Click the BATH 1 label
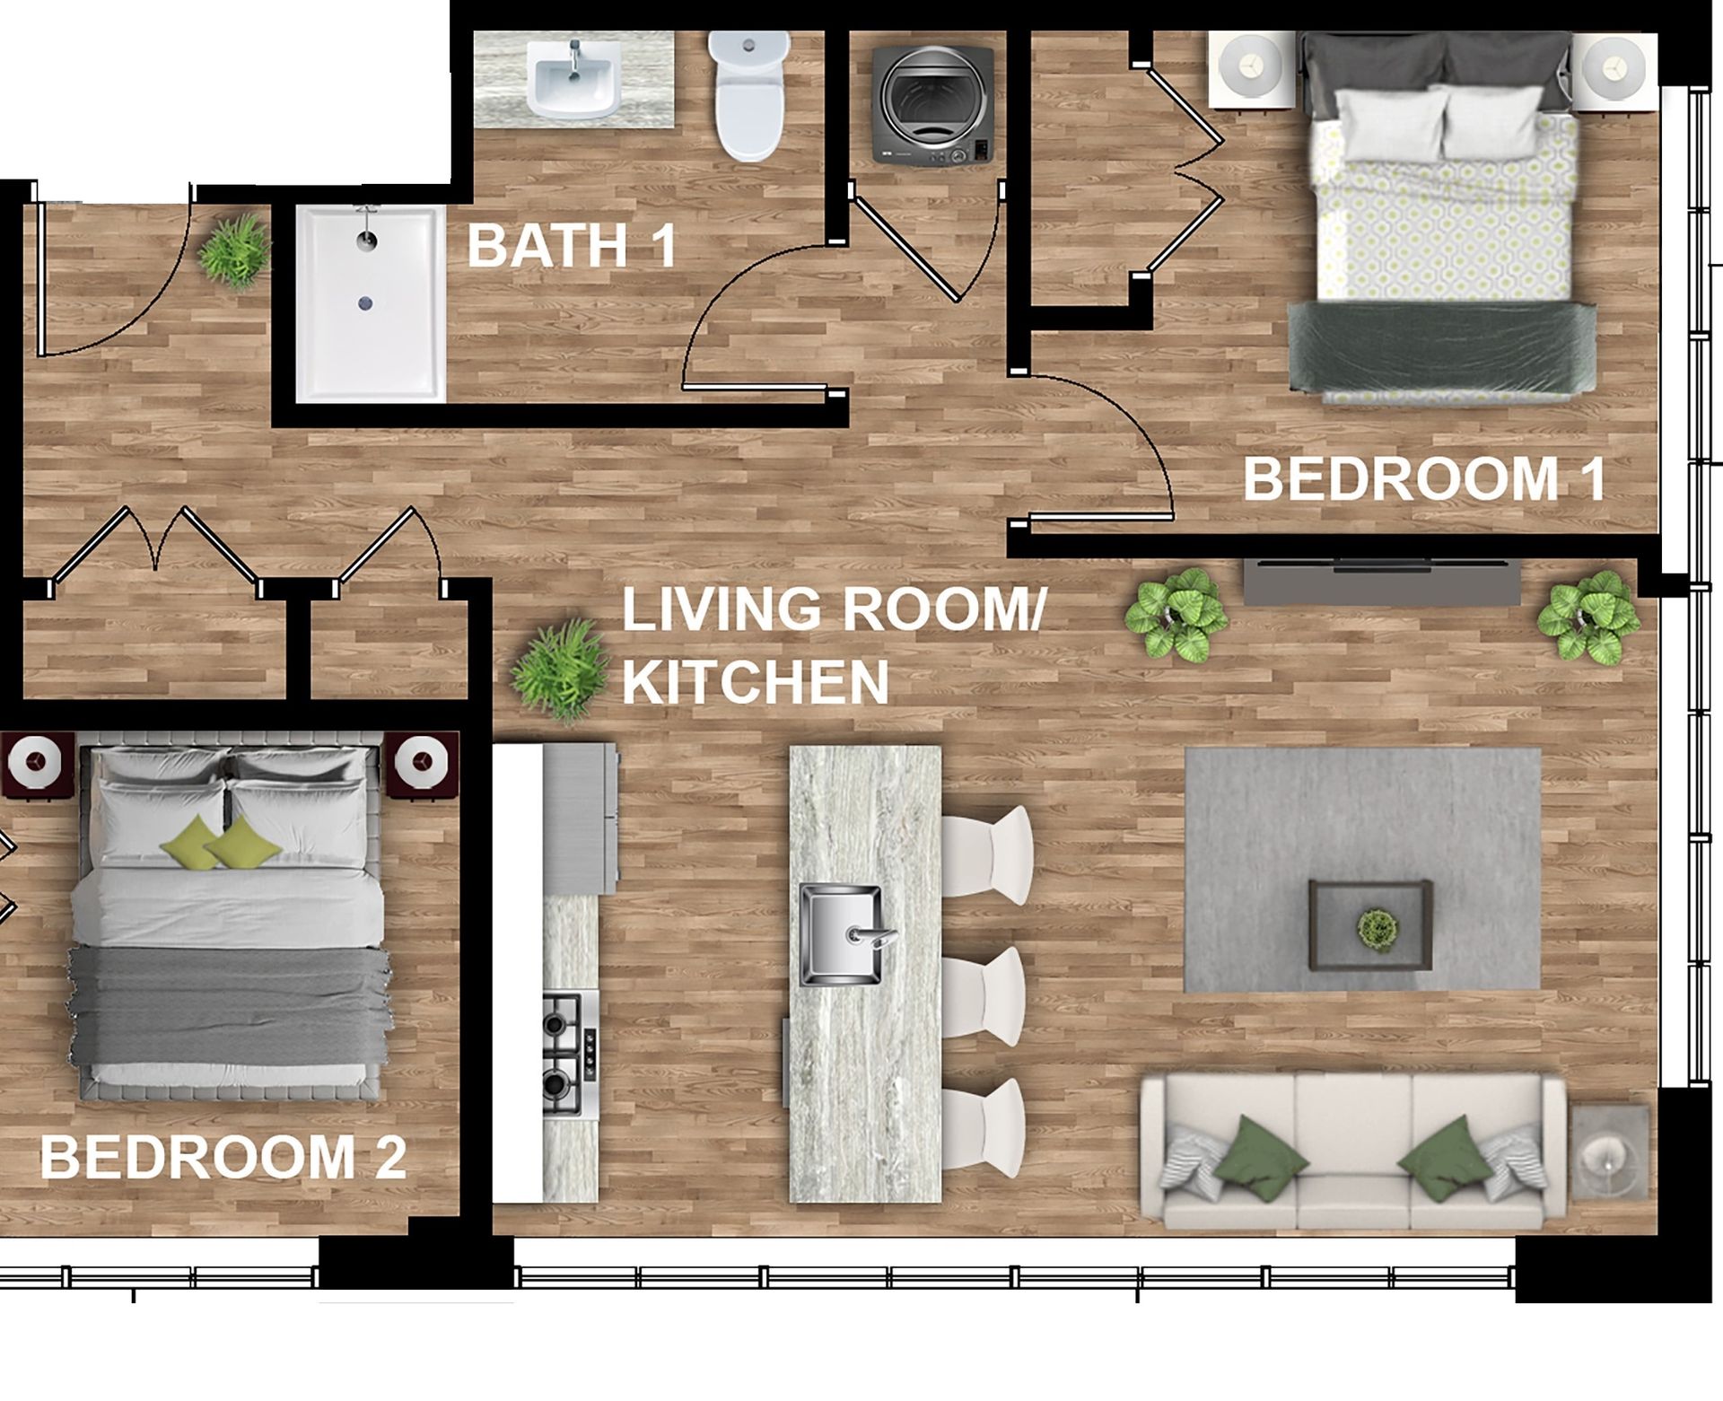(x=572, y=245)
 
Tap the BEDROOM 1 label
(x=1425, y=479)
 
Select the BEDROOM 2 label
(x=223, y=1157)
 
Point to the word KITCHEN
(x=756, y=683)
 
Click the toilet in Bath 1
(x=749, y=96)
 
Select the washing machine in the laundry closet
(x=932, y=106)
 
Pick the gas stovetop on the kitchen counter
(x=570, y=1054)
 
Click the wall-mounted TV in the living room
(x=1381, y=581)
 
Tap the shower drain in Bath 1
(x=364, y=302)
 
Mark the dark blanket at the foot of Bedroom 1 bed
(x=1442, y=347)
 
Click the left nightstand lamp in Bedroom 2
(x=37, y=763)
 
